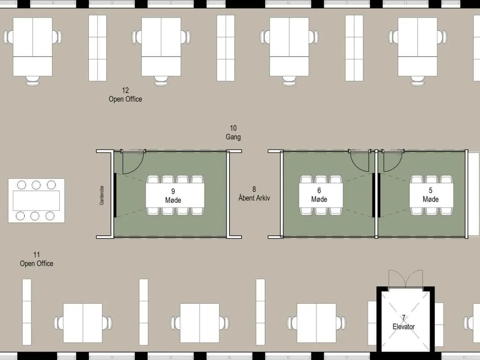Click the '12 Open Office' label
point(125,94)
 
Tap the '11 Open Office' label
point(36,259)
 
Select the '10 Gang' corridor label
point(233,132)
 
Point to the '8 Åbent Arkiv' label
point(254,193)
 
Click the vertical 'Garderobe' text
point(102,195)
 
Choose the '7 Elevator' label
point(403,322)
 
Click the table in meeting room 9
point(175,195)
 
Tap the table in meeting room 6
point(321,195)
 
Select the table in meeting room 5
point(432,195)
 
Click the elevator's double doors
point(406,279)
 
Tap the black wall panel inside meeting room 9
point(115,195)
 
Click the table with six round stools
point(36,201)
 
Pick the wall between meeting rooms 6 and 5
point(376,194)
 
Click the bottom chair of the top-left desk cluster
point(33,81)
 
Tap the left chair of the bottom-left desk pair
point(58,323)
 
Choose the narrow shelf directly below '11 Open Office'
point(27,312)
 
